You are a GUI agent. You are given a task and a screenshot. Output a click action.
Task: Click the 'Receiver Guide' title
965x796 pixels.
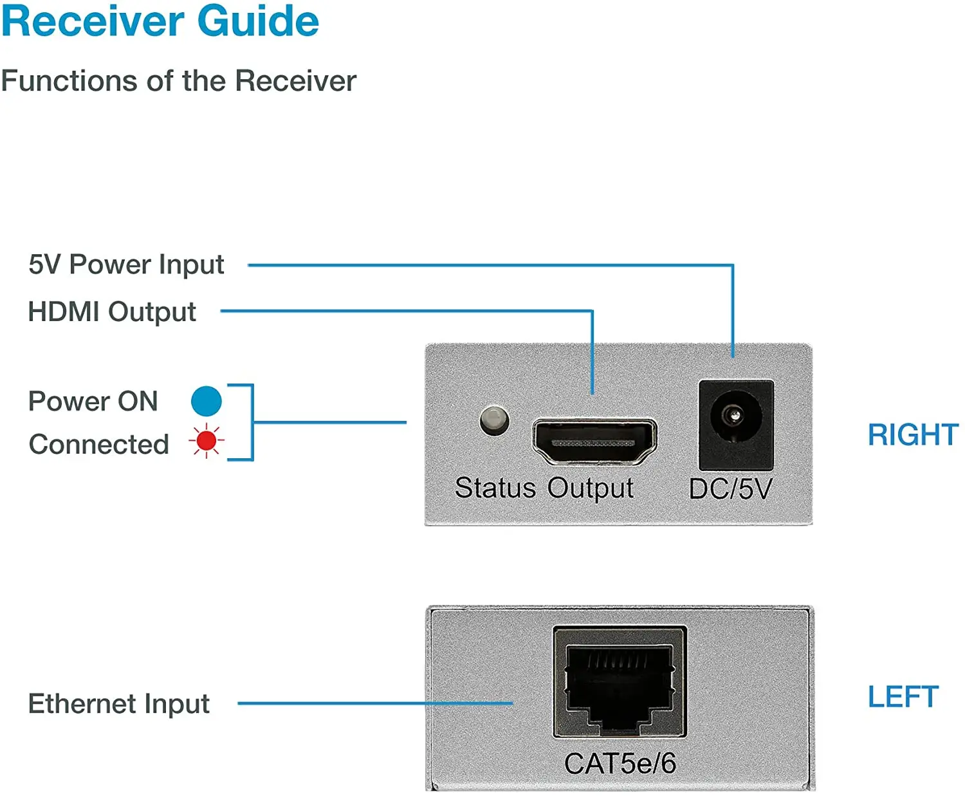click(x=160, y=21)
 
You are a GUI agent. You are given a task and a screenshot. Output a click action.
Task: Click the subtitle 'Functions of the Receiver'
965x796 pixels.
click(x=178, y=81)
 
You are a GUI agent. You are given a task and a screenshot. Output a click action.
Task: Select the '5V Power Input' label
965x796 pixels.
click(x=126, y=264)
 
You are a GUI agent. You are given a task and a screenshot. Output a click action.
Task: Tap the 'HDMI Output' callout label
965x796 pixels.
click(x=112, y=312)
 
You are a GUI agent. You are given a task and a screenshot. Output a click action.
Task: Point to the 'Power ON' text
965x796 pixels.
click(x=93, y=402)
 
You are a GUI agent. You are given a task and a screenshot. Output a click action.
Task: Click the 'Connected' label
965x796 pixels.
click(x=99, y=445)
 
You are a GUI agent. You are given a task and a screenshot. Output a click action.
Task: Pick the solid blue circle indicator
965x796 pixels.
click(x=207, y=401)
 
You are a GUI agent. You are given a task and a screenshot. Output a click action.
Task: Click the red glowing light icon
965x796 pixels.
click(x=207, y=441)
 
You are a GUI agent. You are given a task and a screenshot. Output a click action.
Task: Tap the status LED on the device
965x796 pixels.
click(x=494, y=420)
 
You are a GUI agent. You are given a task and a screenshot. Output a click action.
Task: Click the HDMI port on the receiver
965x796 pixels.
click(x=594, y=441)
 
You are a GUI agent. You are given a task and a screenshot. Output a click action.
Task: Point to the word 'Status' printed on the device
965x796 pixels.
click(x=495, y=488)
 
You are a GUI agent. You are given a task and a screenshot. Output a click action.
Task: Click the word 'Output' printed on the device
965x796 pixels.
click(x=591, y=488)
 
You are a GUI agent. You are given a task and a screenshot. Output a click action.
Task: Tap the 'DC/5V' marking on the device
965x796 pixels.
click(x=730, y=489)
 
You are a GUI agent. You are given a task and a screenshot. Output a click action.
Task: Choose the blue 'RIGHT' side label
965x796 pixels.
click(x=913, y=435)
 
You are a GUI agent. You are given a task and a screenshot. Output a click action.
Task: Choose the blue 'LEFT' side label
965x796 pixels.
click(x=903, y=697)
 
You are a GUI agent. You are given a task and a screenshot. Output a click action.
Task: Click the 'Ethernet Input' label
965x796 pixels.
click(x=119, y=704)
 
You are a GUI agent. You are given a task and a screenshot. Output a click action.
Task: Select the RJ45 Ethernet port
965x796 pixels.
click(x=620, y=683)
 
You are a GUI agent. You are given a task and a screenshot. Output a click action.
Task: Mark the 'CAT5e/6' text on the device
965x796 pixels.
click(x=620, y=764)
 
